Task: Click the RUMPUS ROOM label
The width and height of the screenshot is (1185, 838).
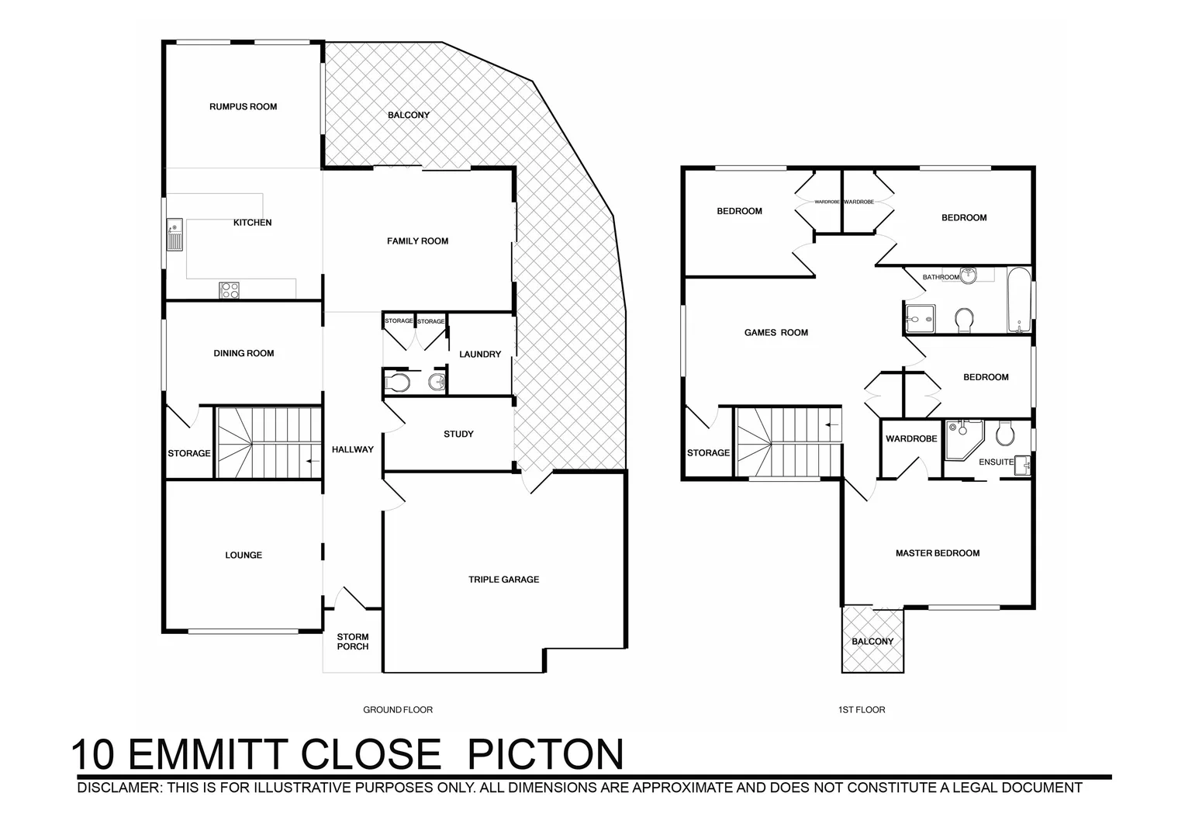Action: [243, 107]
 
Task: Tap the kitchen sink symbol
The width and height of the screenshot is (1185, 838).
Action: [174, 235]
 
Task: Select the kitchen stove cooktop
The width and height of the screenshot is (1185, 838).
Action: [230, 290]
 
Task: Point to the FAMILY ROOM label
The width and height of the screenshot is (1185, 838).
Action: [417, 241]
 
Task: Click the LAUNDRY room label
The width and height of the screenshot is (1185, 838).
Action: [480, 355]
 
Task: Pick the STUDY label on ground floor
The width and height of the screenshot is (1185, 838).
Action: [458, 435]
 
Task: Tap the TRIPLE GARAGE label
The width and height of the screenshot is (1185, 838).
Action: [503, 580]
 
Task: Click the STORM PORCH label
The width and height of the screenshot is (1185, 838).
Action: [353, 642]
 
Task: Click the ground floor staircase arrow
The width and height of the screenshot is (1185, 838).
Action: [313, 462]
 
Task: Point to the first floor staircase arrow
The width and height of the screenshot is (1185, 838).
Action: [832, 424]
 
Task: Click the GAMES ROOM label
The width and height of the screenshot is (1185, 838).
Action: [776, 333]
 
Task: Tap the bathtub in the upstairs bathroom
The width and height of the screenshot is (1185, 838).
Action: [1018, 300]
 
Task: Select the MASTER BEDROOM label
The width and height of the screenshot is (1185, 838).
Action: [937, 553]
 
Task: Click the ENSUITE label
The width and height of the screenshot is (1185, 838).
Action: [996, 462]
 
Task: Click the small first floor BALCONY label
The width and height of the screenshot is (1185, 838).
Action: [872, 642]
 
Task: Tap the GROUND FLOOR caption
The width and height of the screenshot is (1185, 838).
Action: [398, 710]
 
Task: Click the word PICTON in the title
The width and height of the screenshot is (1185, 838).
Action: [547, 754]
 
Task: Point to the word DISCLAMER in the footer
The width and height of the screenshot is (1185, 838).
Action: [116, 788]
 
